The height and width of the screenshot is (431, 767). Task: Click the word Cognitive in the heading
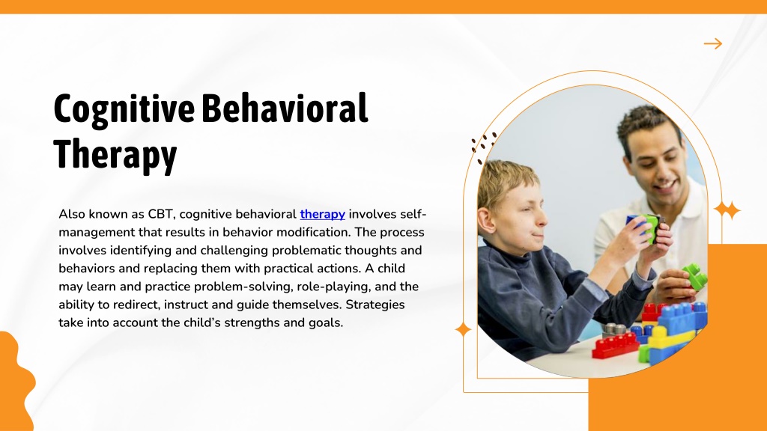124,109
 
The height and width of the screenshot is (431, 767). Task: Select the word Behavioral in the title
285,108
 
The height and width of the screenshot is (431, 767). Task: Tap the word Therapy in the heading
115,154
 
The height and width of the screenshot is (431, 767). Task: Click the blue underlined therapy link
322,214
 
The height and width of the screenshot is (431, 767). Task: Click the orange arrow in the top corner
713,43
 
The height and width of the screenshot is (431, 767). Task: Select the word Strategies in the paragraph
375,305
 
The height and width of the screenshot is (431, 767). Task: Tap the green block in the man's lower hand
694,276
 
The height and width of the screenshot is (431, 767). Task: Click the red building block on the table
616,346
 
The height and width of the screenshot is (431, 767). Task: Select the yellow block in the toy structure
670,338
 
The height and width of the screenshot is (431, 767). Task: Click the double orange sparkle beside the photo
727,210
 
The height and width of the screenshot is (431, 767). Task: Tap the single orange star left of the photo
463,330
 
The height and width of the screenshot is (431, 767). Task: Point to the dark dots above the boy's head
483,146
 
